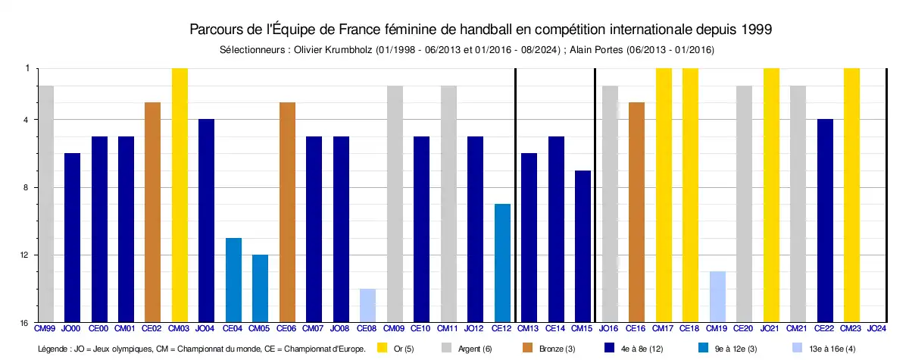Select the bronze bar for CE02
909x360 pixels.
[x=152, y=212]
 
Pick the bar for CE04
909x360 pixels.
[x=233, y=280]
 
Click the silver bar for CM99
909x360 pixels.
[x=45, y=204]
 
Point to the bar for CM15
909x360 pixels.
[x=583, y=246]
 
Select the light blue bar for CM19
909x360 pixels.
[x=717, y=296]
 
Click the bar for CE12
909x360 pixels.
[x=501, y=263]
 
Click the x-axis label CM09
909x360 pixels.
[x=394, y=329]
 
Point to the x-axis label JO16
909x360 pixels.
[x=608, y=329]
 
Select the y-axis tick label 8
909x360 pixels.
[x=27, y=187]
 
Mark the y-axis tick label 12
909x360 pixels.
[x=25, y=255]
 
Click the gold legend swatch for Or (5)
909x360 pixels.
[x=383, y=349]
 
